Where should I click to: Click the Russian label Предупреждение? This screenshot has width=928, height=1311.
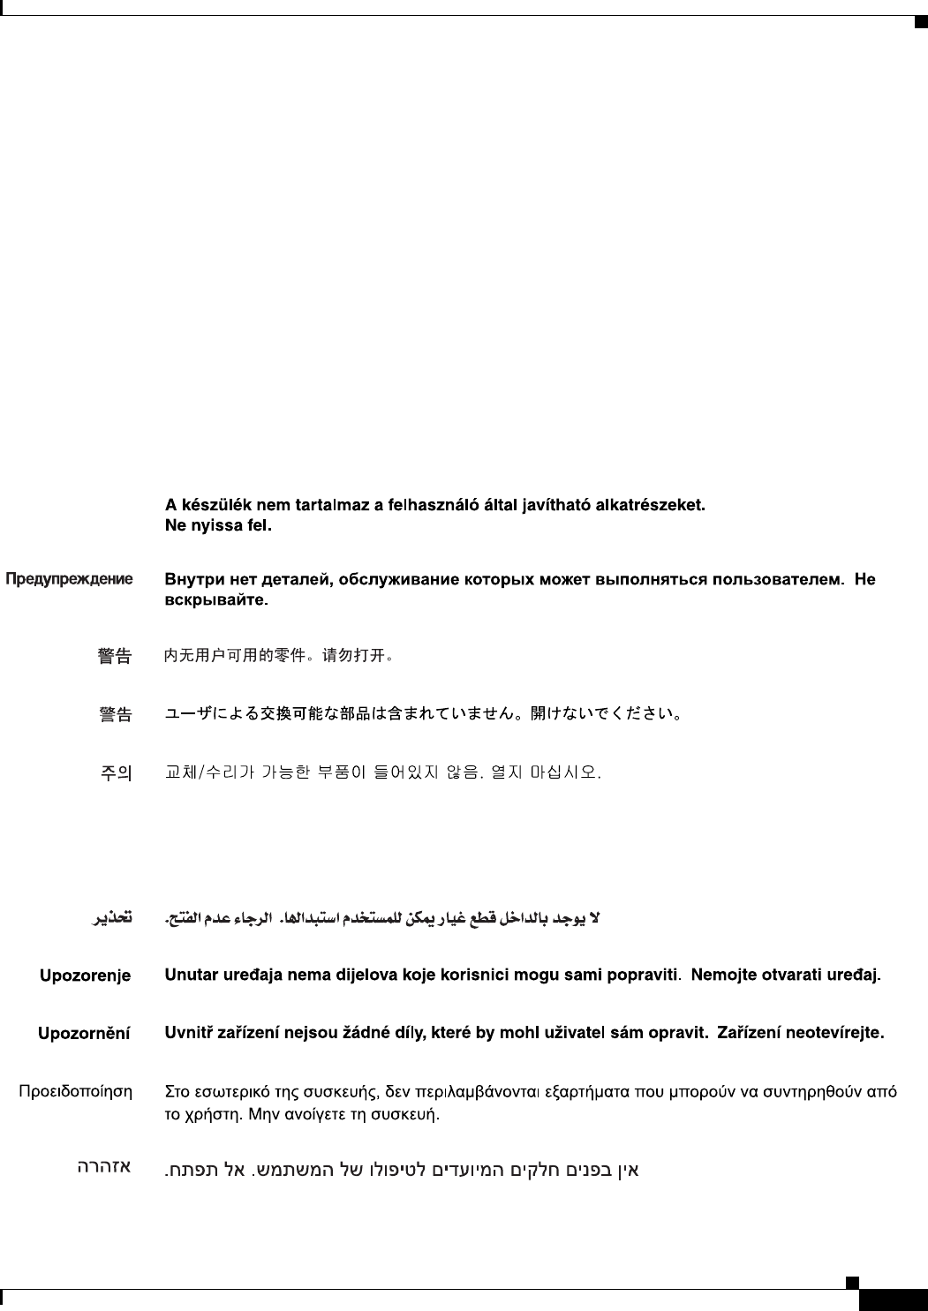[x=70, y=580]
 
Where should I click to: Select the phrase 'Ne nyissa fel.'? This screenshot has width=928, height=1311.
[x=219, y=526]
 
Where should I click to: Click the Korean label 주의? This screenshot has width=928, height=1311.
[x=115, y=773]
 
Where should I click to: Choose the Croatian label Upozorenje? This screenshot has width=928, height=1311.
[x=85, y=976]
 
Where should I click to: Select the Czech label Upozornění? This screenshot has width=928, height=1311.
[x=84, y=1033]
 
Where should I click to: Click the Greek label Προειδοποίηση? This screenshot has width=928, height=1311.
[x=76, y=1092]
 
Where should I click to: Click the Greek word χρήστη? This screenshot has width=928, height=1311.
[x=213, y=1115]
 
